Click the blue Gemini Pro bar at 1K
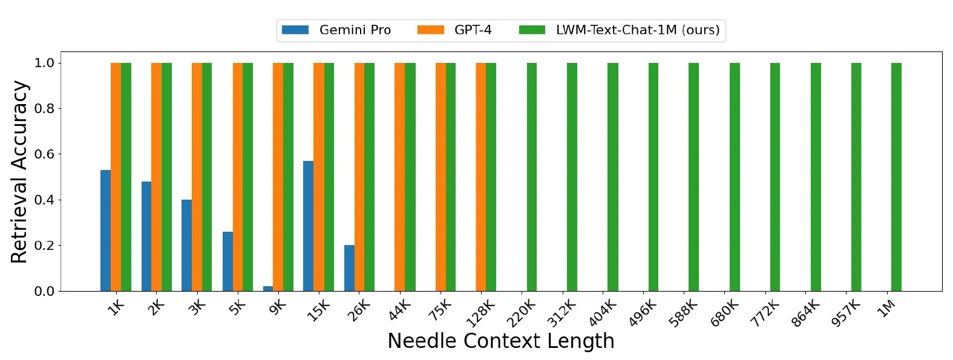105,231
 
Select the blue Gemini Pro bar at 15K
308,226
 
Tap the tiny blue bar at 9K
268,289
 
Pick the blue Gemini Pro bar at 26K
349,268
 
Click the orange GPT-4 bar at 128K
480,177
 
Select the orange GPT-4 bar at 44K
399,177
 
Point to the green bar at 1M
896,177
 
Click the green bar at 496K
653,177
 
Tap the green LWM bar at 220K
532,177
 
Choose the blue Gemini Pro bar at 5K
228,261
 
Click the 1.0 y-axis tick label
44,63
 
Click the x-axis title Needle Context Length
500,341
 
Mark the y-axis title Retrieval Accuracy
19,172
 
